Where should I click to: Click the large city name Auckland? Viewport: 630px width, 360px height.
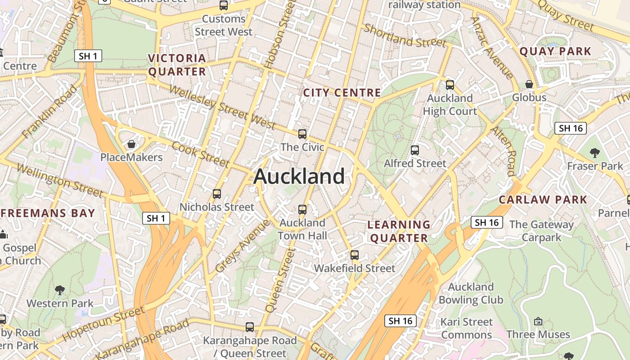[x=299, y=176]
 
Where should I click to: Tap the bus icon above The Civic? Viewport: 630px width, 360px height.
[x=302, y=134]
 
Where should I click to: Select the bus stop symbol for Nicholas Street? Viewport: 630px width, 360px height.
[x=217, y=194]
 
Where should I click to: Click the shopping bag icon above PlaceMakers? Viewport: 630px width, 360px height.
[x=131, y=144]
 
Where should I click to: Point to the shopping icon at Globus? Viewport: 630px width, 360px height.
[x=529, y=84]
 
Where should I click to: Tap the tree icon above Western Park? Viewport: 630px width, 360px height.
[x=59, y=290]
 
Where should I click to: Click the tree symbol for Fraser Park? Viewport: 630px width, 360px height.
[x=595, y=153]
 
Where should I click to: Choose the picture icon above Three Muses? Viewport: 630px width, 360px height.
[x=538, y=321]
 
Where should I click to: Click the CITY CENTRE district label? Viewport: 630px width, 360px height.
[x=342, y=93]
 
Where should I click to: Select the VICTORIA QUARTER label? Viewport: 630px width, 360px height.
[x=177, y=65]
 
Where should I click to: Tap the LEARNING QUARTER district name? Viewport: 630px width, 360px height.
[x=399, y=231]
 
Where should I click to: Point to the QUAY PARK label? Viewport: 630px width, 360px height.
[x=555, y=51]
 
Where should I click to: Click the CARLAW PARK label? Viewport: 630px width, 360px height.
[x=543, y=199]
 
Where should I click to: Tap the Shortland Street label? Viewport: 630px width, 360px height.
[x=405, y=36]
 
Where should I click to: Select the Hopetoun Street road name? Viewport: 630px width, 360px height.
[x=103, y=323]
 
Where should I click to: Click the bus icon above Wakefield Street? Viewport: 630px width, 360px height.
[x=355, y=255]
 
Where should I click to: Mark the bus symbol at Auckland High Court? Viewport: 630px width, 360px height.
[x=450, y=85]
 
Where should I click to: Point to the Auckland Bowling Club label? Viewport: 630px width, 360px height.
[x=471, y=293]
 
